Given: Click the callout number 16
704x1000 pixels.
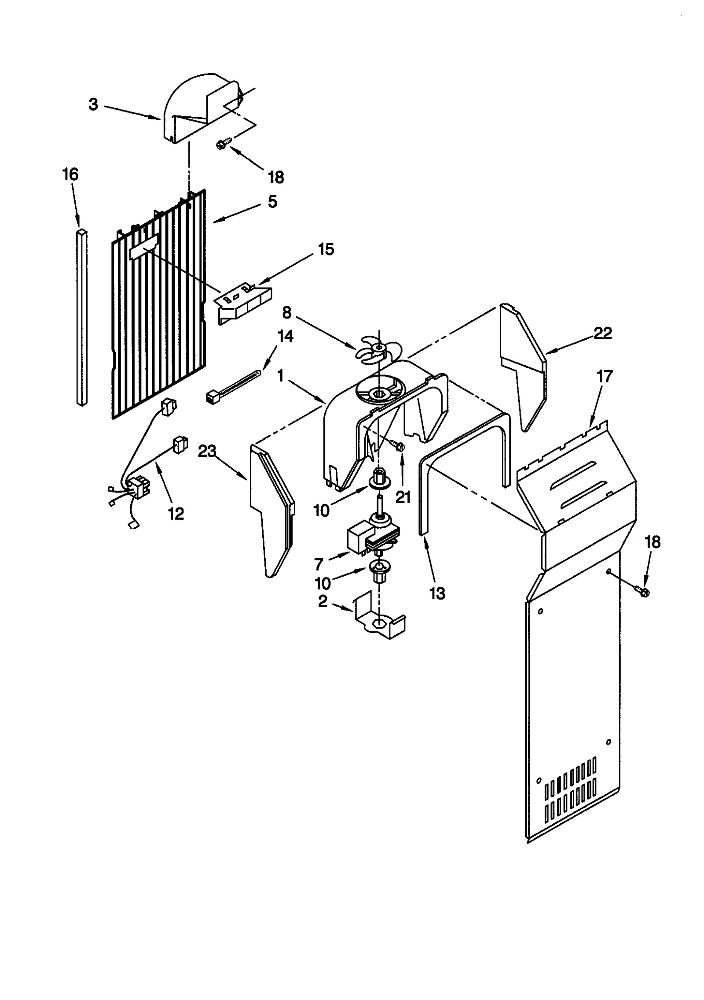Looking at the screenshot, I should (x=70, y=174).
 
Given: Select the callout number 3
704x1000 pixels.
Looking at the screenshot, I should (x=93, y=105).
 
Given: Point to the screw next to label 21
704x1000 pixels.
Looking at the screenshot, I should (x=400, y=447).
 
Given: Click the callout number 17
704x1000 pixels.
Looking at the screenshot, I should (x=604, y=377).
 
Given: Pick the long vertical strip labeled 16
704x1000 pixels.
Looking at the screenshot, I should (x=81, y=317).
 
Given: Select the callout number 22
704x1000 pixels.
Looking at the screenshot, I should (x=602, y=334).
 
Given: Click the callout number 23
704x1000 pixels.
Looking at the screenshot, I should (x=207, y=452).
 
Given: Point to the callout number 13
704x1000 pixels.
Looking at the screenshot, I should (x=437, y=594).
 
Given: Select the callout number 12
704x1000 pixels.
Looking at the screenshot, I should (x=176, y=514).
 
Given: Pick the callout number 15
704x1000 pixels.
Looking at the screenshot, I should (x=326, y=249).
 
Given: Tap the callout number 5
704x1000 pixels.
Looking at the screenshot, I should (x=272, y=202).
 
